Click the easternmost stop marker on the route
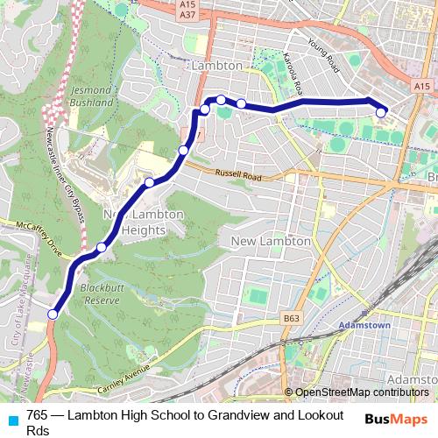click(x=382, y=112)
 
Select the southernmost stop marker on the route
click(x=53, y=314)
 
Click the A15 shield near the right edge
click(x=422, y=86)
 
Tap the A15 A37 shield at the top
click(x=187, y=10)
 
